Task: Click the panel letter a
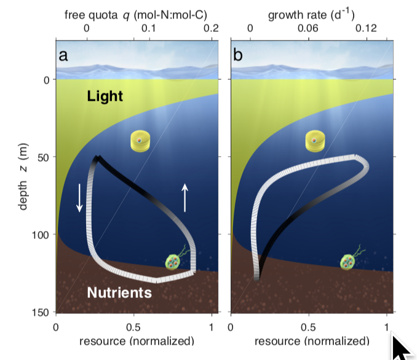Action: [63, 56]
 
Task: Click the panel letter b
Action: [238, 55]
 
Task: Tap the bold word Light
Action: [105, 96]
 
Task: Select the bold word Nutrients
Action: [119, 292]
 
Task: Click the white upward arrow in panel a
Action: [185, 197]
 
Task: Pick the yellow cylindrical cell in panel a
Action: [140, 141]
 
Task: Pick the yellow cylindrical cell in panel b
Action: [315, 141]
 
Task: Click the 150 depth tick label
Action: [41, 313]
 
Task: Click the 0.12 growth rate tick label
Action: [367, 28]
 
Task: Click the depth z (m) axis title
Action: [23, 176]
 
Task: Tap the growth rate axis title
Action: [311, 15]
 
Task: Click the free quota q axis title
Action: [136, 15]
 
